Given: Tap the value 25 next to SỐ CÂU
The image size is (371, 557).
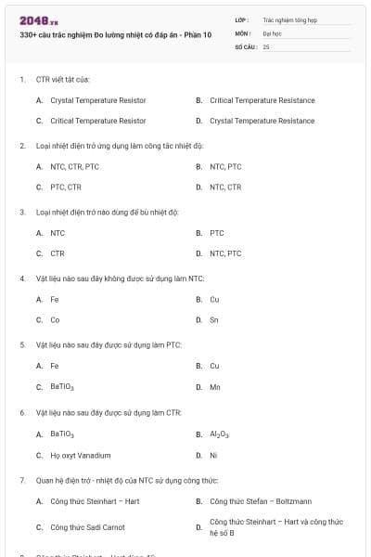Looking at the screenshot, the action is coord(266,45).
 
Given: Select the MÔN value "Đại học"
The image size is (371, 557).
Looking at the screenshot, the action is coord(272,32).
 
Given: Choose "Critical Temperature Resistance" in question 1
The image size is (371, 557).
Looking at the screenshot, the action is coord(262,100).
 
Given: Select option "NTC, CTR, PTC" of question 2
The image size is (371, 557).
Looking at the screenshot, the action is coord(74,167).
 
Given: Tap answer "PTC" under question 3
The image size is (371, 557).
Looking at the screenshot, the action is coord(217,233).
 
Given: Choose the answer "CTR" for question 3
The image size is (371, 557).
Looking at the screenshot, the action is coord(58,253).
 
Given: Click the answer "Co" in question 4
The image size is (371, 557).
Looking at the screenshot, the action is coord(56,319).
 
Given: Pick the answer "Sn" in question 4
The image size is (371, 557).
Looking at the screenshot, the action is coord(214,319).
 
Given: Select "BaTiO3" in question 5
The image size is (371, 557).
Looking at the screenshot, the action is coord(63,386).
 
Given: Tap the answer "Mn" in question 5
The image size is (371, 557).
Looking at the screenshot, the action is coord(215,386).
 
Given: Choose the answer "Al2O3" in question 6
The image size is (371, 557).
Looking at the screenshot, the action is coord(220,434).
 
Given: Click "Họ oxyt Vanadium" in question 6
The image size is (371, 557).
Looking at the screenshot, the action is coord(81,455).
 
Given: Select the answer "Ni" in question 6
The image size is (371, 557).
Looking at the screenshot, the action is coord(213,455).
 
